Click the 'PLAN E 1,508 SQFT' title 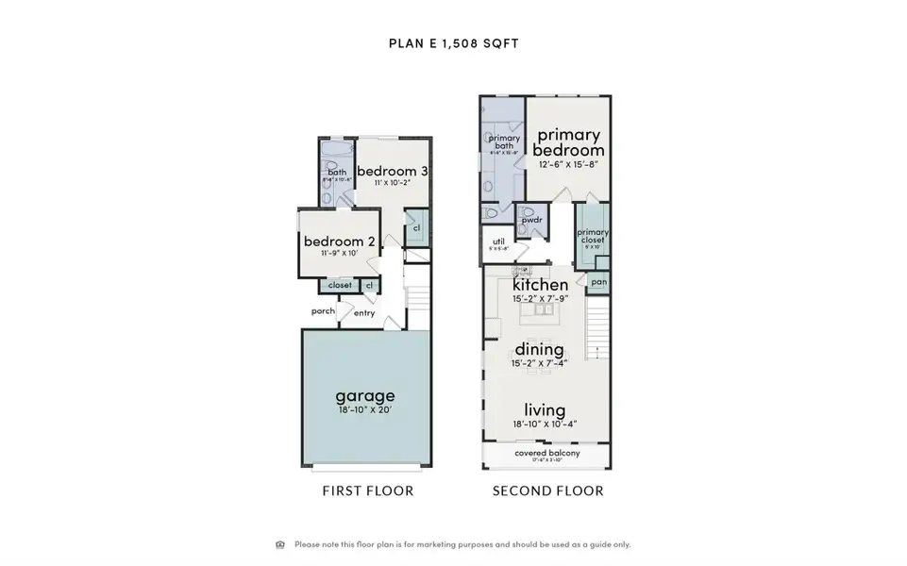453,42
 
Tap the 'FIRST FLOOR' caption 368,491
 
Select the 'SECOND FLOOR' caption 547,491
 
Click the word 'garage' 365,395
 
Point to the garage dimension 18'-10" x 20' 365,411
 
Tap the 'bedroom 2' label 340,241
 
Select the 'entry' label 364,313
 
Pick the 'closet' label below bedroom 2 340,285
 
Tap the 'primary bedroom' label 569,142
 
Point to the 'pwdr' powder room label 531,220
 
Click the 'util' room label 499,241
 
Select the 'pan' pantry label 598,281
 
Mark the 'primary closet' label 593,236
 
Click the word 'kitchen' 540,285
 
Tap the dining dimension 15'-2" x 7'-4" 539,364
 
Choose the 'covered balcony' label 547,454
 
